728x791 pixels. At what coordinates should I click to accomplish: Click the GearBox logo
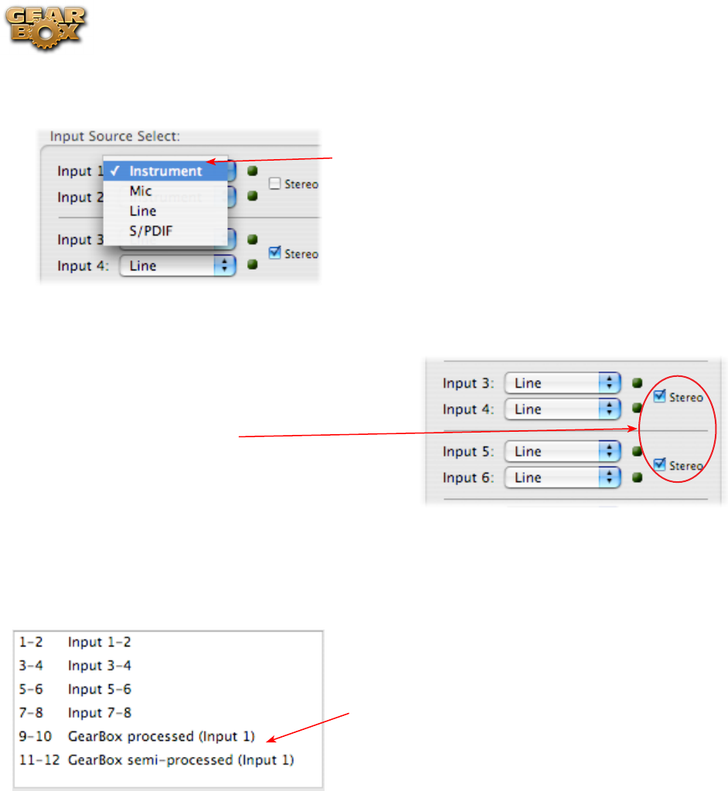pos(47,28)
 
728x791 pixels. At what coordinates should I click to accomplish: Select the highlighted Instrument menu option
pos(165,171)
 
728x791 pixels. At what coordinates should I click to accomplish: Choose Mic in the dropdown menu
pos(141,191)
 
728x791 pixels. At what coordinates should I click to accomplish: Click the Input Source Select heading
pos(115,136)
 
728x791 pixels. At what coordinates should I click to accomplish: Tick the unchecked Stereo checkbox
pos(274,184)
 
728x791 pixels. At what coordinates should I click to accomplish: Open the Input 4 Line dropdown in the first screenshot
pos(177,266)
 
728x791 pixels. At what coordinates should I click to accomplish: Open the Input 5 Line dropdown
pos(562,451)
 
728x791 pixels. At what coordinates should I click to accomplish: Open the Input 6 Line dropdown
pos(562,477)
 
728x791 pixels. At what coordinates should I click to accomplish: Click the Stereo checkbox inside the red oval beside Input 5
pos(660,464)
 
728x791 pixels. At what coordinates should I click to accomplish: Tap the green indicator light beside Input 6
pos(638,477)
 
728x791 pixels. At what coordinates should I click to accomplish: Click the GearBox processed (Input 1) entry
pos(161,736)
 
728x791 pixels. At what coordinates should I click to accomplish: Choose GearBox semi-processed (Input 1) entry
pos(181,760)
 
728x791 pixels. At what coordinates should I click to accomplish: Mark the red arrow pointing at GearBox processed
pos(309,730)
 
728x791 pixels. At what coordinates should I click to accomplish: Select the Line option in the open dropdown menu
pos(143,210)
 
